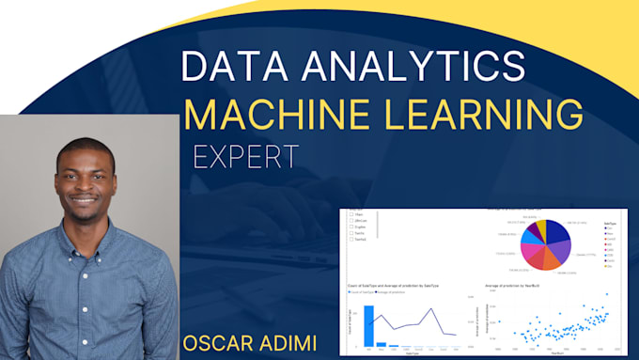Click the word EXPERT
(x=246, y=156)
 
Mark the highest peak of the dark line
(x=433, y=308)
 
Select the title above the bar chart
(x=396, y=284)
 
